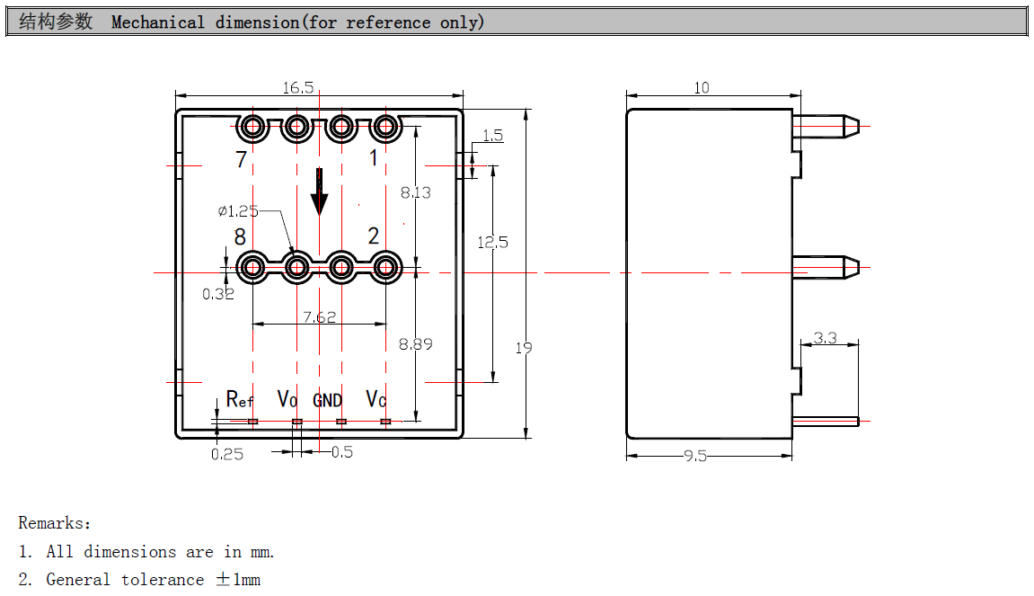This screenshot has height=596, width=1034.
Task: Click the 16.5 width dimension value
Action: (298, 87)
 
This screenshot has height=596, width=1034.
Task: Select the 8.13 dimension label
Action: (416, 192)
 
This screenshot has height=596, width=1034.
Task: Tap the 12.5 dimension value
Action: (493, 242)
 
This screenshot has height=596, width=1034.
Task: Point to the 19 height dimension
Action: (524, 348)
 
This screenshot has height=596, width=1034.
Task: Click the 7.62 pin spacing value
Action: (320, 316)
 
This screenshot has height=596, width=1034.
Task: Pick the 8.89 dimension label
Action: (416, 344)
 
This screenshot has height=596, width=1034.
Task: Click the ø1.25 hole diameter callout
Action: (238, 211)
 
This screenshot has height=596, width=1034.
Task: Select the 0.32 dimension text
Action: (217, 294)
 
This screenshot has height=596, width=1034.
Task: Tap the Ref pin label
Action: (240, 399)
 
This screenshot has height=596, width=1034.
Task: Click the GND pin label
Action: (328, 400)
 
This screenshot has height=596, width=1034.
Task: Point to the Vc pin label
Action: (376, 399)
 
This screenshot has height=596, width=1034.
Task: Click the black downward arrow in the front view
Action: (319, 191)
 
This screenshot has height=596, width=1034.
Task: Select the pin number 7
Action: (241, 160)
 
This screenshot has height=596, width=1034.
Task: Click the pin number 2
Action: (374, 236)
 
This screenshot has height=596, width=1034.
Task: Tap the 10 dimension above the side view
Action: (702, 87)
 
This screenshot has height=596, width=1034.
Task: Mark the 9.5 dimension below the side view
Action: (695, 457)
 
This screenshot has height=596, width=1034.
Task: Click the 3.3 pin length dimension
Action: (825, 338)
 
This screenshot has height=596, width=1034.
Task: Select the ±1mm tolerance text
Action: (238, 580)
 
